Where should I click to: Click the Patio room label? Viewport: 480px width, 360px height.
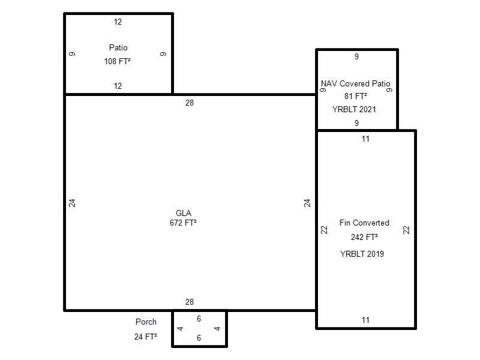coord(118,47)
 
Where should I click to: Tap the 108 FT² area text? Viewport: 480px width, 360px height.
coord(117,61)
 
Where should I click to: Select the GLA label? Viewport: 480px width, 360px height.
coord(184,213)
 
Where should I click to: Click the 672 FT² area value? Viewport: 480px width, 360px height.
coord(183,223)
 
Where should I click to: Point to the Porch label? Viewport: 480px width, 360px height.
coord(146,322)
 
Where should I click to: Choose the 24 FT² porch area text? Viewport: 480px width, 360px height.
coord(146,337)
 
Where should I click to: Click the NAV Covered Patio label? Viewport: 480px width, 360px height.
coord(356,83)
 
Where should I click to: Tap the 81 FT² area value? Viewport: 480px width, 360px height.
coord(356,96)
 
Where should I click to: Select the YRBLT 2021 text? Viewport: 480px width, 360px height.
coord(354,109)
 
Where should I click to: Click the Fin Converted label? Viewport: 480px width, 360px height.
coord(364,223)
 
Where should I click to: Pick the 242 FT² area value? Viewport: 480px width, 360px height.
coord(364,237)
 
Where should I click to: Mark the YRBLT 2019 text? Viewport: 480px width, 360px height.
coord(362,254)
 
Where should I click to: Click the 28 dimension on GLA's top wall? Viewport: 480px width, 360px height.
coord(190,103)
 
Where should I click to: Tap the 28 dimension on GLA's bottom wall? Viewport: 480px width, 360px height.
coord(190,302)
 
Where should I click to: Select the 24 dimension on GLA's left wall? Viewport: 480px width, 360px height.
coord(72,203)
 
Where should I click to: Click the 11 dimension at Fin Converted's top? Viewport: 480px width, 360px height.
coord(365,139)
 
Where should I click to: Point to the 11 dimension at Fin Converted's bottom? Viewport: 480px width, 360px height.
coord(365,320)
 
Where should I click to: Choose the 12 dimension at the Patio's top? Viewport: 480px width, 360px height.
coord(118,22)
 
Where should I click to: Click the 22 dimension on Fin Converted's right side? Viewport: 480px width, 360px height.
coord(406,230)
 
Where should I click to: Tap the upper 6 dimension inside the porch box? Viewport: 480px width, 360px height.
coord(199,319)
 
